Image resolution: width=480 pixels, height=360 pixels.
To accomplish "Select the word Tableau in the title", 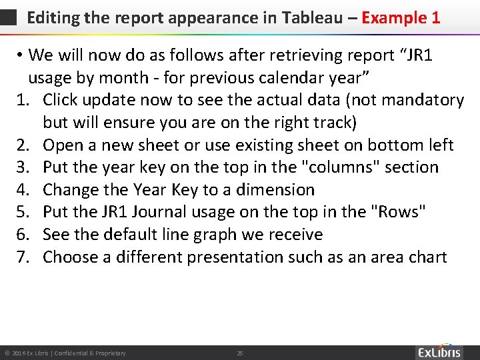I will pyautogui.click(x=311, y=17).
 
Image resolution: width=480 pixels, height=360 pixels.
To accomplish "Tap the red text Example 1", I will pyautogui.click(x=401, y=17).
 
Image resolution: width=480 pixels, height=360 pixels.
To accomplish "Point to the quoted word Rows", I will pyautogui.click(x=399, y=212).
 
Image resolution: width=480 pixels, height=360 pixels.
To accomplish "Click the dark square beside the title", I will pyautogui.click(x=9, y=18).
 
